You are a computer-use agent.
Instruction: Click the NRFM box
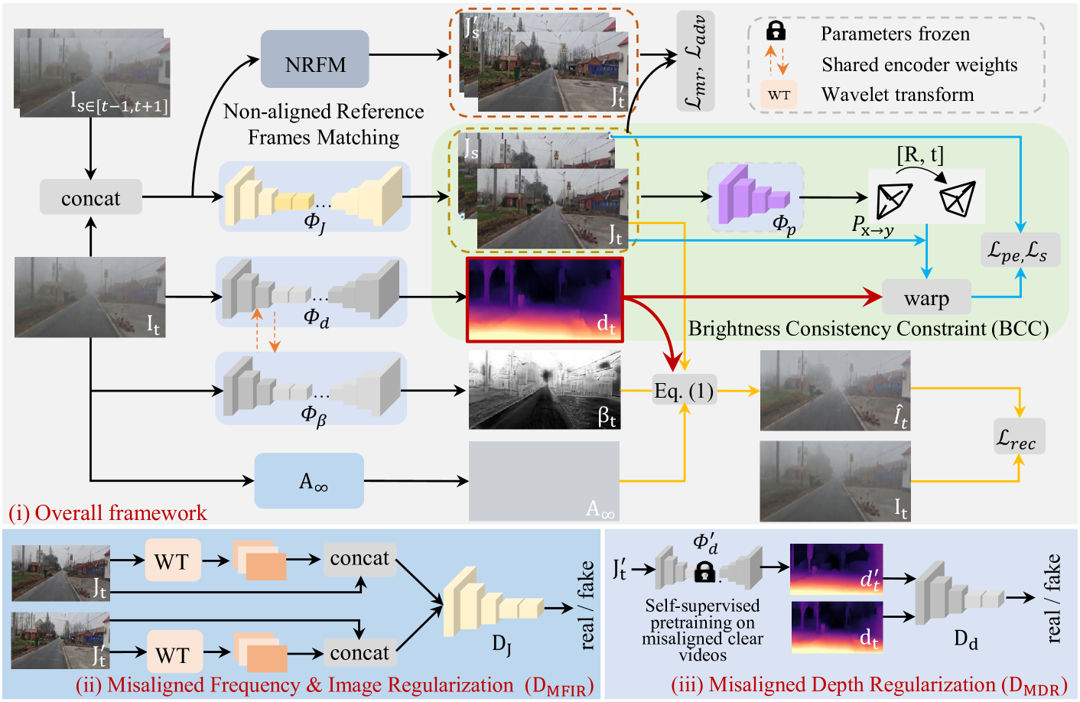pos(315,60)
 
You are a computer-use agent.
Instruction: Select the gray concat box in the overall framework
pos(90,197)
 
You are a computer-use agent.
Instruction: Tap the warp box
pos(926,297)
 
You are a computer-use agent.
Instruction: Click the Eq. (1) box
pos(684,391)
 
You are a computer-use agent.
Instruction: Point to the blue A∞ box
pos(309,481)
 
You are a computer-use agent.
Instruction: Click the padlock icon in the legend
pos(776,31)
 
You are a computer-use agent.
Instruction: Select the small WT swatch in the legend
pos(779,95)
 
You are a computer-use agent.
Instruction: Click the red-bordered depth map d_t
pos(545,298)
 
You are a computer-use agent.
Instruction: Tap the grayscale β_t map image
pos(544,389)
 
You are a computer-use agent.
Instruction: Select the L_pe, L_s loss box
pos(1020,250)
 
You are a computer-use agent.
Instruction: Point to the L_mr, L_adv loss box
pos(695,61)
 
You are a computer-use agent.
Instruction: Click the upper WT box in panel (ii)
pos(172,561)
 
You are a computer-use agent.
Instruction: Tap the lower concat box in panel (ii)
pos(359,652)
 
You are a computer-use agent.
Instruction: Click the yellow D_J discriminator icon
pos(490,604)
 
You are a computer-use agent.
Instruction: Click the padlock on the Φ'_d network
pos(704,571)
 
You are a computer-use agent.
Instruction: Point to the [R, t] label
pos(920,155)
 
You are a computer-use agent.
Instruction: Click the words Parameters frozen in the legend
pos(895,34)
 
